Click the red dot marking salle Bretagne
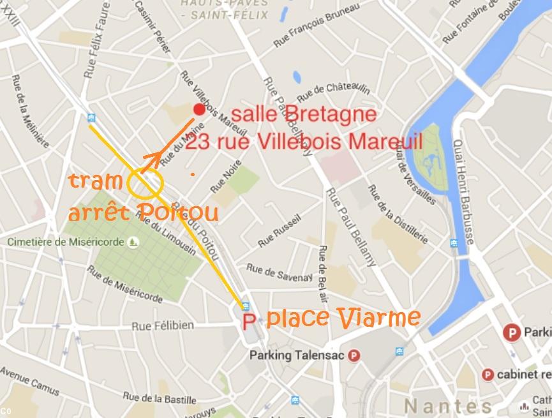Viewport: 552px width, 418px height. point(199,110)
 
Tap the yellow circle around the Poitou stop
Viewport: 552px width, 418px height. point(145,183)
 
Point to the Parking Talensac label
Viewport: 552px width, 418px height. point(297,355)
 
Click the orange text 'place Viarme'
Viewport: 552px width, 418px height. point(343,317)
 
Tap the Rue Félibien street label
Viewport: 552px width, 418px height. point(163,325)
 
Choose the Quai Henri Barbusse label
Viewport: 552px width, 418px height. point(464,191)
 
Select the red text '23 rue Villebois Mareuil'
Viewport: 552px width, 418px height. point(304,140)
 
